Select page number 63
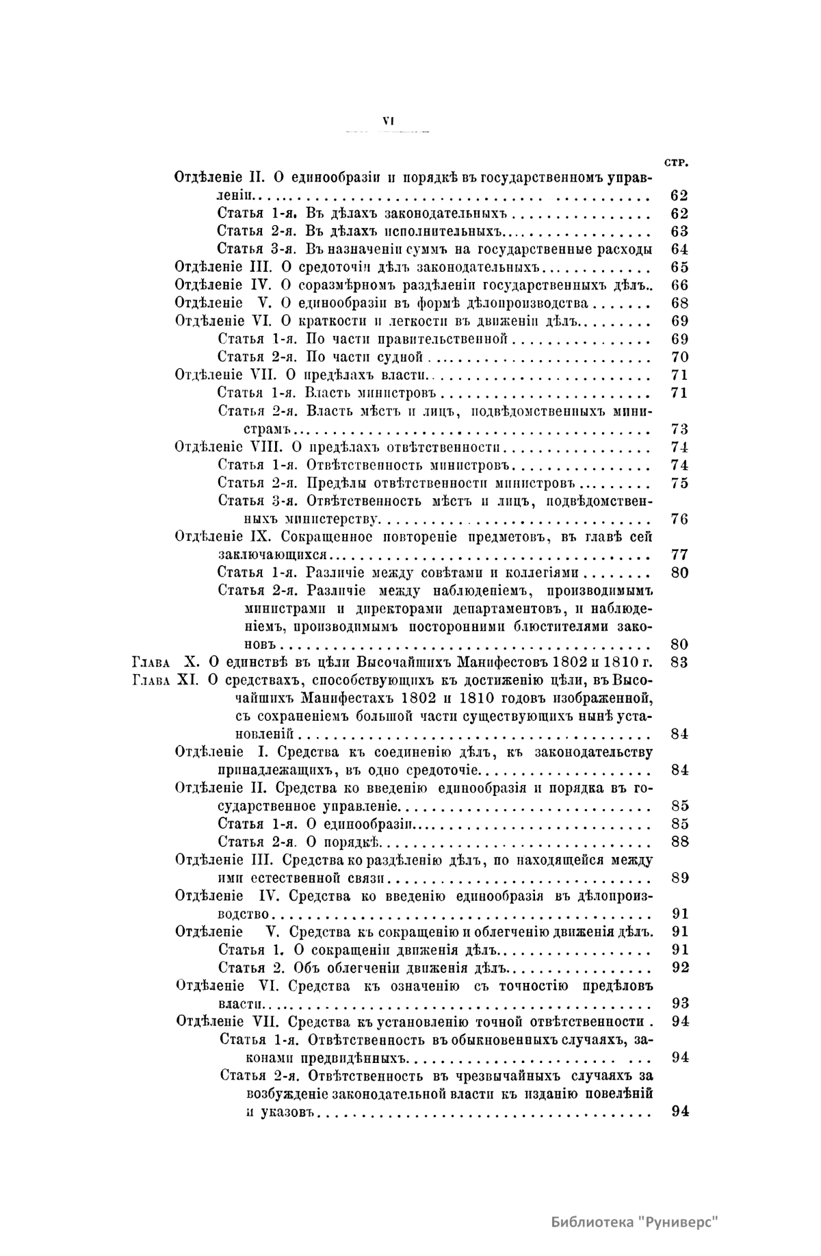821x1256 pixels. click(x=679, y=231)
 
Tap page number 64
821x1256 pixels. click(x=679, y=249)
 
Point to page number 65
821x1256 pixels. click(x=679, y=267)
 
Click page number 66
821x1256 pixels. click(x=679, y=285)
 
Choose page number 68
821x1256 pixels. click(x=679, y=303)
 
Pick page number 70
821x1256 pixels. click(x=679, y=357)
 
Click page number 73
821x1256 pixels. click(x=679, y=429)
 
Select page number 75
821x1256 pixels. click(x=679, y=483)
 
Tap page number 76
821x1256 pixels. click(x=679, y=519)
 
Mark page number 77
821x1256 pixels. click(x=679, y=554)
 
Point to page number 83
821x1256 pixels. click(x=679, y=662)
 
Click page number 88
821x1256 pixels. click(x=679, y=841)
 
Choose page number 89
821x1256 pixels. click(x=679, y=877)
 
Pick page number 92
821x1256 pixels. click(x=679, y=967)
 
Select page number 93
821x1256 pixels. click(x=679, y=1003)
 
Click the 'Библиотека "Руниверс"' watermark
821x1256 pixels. click(x=636, y=1222)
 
